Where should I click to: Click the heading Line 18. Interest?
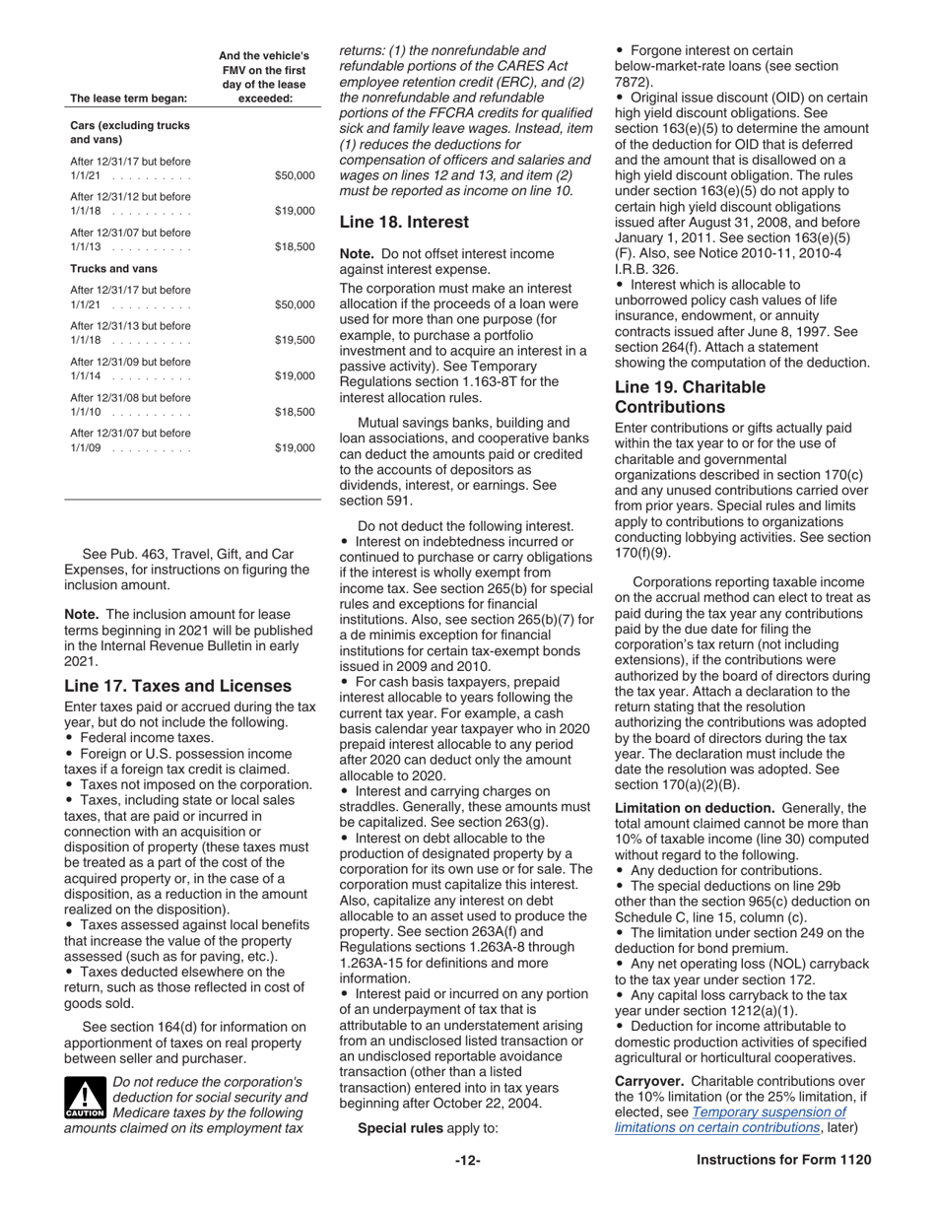click(404, 223)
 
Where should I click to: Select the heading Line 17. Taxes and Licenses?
click(177, 686)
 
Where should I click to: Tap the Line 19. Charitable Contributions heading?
click(690, 396)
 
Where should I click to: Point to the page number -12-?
click(468, 1187)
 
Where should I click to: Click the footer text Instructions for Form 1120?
click(783, 1187)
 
